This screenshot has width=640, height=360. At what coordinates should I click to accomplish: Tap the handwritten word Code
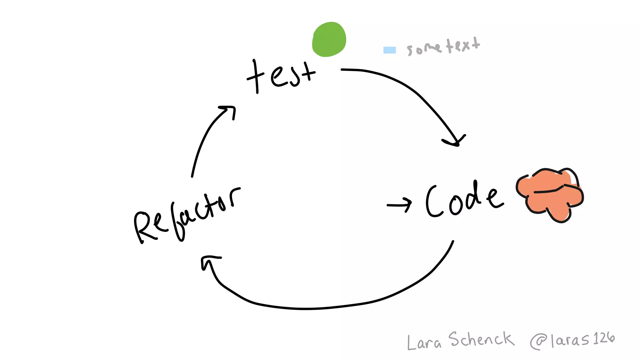(x=464, y=200)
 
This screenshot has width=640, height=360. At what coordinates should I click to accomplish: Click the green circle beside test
(x=329, y=39)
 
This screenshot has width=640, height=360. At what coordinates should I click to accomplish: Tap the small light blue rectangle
(x=389, y=50)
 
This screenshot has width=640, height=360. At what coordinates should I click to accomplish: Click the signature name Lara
(x=424, y=342)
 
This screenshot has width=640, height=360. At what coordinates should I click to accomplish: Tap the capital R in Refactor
(x=144, y=227)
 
